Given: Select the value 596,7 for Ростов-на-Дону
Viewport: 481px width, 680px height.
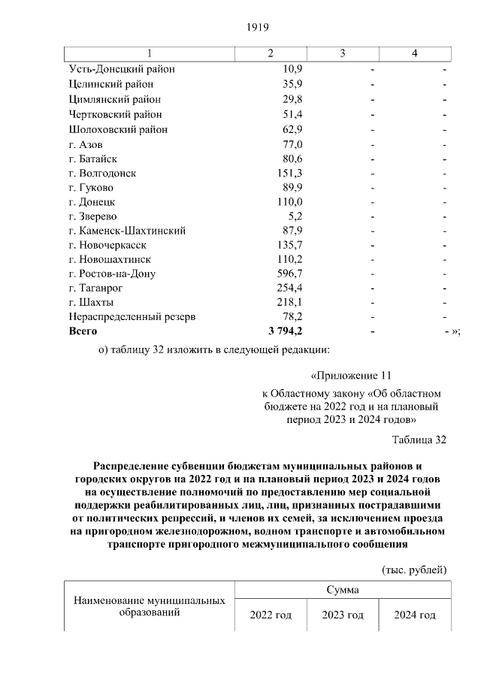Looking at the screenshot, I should pyautogui.click(x=289, y=274).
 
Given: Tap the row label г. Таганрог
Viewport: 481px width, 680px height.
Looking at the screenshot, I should pyautogui.click(x=95, y=288).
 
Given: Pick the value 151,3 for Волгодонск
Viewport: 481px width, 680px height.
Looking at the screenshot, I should pyautogui.click(x=289, y=173).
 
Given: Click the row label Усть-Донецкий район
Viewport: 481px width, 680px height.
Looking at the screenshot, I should pyautogui.click(x=122, y=69).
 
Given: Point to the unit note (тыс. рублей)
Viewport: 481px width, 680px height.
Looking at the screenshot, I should pyautogui.click(x=414, y=570).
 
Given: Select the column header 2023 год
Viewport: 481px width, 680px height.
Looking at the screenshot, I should pyautogui.click(x=343, y=615).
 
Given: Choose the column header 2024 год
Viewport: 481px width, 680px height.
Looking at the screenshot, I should pyautogui.click(x=415, y=615).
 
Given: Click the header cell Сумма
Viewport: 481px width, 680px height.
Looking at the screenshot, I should pyautogui.click(x=343, y=590).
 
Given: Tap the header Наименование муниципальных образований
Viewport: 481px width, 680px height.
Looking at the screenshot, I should pyautogui.click(x=149, y=607).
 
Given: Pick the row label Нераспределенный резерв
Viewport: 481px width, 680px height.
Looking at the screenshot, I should pyautogui.click(x=132, y=316).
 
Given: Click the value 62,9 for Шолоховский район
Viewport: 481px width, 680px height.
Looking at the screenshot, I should pyautogui.click(x=291, y=130).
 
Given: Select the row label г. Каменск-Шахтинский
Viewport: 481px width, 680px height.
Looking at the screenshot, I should pyautogui.click(x=126, y=231).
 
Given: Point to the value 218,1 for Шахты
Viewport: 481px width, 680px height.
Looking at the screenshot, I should pyautogui.click(x=289, y=302).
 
